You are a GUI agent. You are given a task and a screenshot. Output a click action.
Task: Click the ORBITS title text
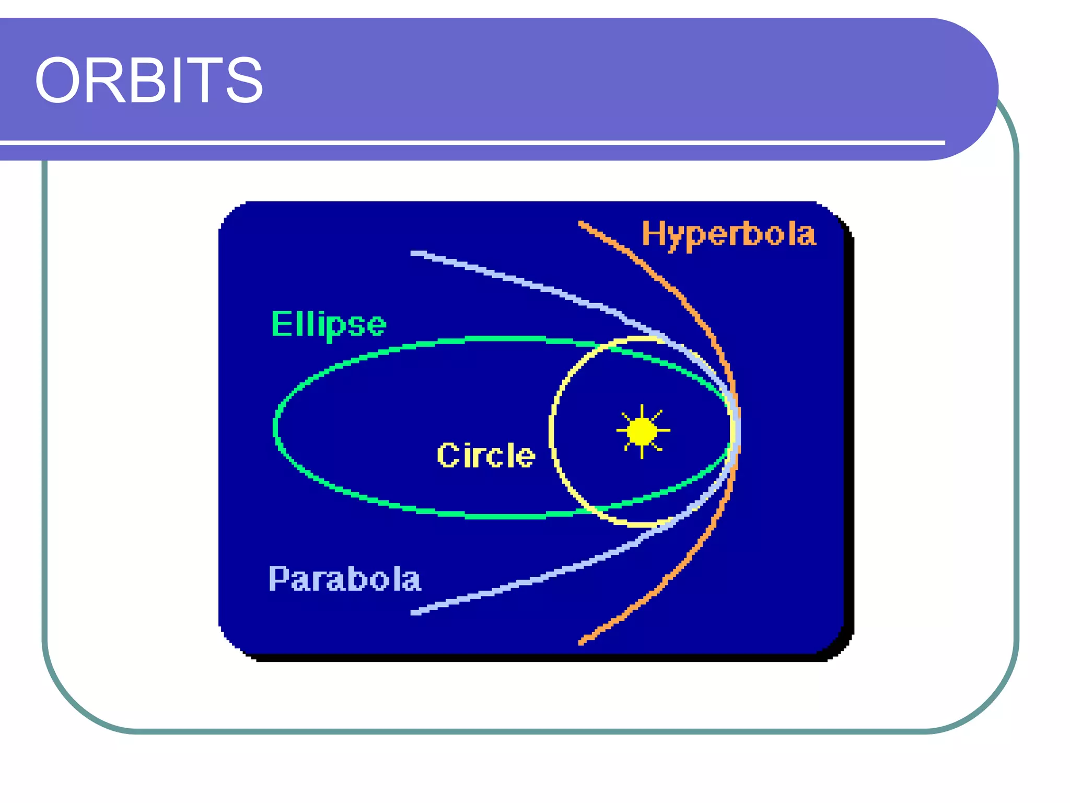149,81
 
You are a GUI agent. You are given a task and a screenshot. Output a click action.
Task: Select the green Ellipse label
328,324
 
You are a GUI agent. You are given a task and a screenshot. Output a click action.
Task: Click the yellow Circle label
486,455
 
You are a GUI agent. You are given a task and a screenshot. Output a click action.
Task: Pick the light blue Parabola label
344,579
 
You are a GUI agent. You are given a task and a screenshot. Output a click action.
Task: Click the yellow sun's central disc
642,431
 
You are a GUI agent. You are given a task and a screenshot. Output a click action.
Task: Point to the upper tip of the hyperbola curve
581,224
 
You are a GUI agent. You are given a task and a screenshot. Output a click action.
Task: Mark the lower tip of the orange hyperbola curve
581,642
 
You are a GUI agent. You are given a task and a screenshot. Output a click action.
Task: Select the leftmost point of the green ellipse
275,428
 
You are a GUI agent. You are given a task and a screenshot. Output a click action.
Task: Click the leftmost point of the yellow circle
552,431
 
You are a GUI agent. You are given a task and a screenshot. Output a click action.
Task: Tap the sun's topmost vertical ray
642,411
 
